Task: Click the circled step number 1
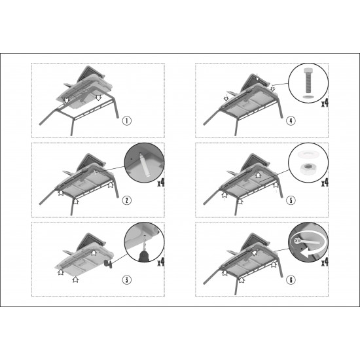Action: pyautogui.click(x=127, y=120)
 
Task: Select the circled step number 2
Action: pyautogui.click(x=127, y=200)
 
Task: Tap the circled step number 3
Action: pyautogui.click(x=127, y=279)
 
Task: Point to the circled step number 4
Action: pyautogui.click(x=291, y=120)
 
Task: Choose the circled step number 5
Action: pyautogui.click(x=291, y=200)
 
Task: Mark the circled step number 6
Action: pyautogui.click(x=291, y=279)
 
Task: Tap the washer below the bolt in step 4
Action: pyautogui.click(x=308, y=98)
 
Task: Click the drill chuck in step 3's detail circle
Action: pyautogui.click(x=145, y=256)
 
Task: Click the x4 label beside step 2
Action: pyautogui.click(x=161, y=183)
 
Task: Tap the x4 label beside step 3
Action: pyautogui.click(x=161, y=262)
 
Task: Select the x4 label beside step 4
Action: pyautogui.click(x=325, y=103)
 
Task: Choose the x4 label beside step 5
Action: pyautogui.click(x=325, y=183)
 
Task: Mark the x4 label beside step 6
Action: pyautogui.click(x=325, y=262)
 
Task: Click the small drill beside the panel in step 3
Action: pyautogui.click(x=109, y=264)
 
